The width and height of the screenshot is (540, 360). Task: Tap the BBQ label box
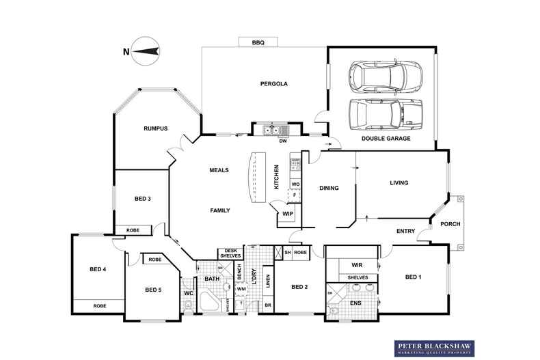tap(258, 42)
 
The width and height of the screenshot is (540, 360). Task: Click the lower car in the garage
tap(385, 115)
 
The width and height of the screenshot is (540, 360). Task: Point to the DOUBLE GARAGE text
tap(386, 138)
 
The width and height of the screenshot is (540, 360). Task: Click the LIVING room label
tap(399, 183)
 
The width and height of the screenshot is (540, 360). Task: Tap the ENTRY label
tap(406, 231)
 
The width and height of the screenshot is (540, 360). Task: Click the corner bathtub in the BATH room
tap(212, 303)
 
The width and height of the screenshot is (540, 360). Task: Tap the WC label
tap(188, 294)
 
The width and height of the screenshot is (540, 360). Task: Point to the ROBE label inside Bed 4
tap(99, 306)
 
